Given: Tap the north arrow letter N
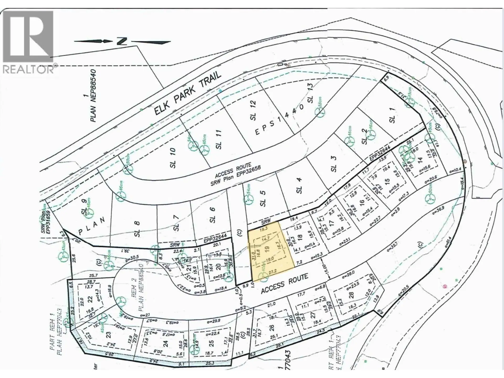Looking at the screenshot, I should coord(122,41).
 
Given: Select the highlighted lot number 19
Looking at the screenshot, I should coord(267,248).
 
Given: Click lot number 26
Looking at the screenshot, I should coord(271,328).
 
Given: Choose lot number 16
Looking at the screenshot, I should coord(362,202).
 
